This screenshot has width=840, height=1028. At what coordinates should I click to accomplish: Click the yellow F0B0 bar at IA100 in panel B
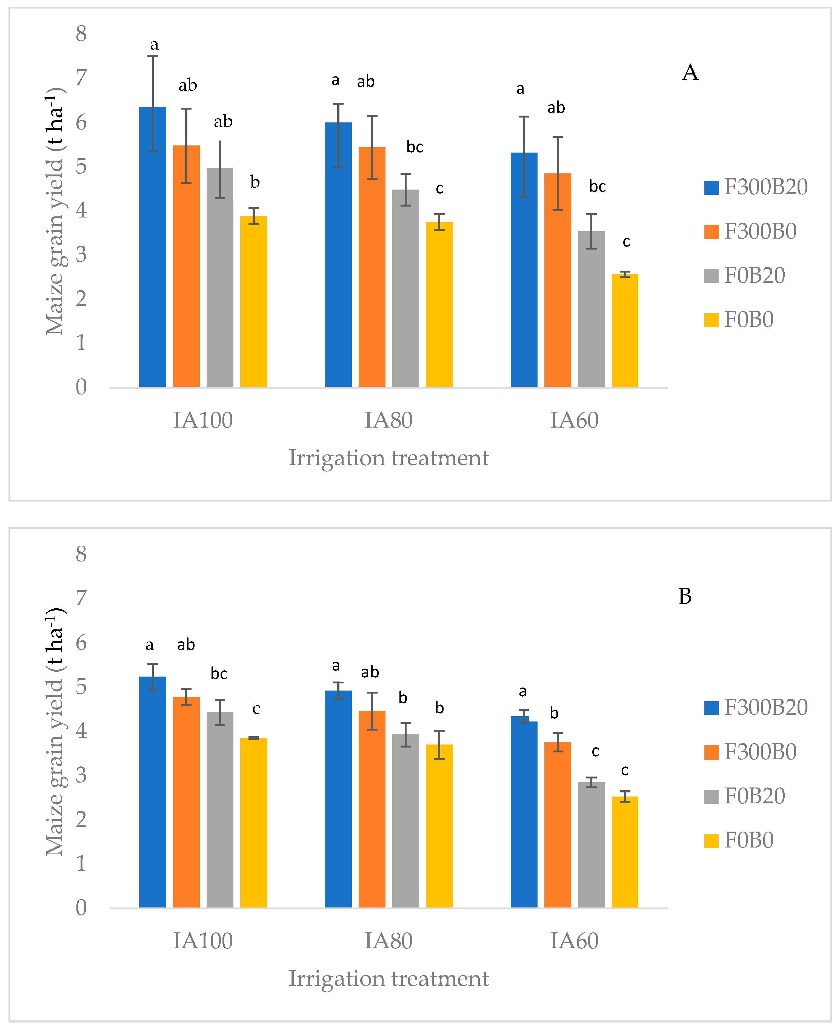pyautogui.click(x=253, y=822)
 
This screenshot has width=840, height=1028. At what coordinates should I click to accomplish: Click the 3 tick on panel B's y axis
pyautogui.click(x=81, y=775)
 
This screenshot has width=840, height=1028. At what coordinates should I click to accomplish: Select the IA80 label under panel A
pyautogui.click(x=388, y=420)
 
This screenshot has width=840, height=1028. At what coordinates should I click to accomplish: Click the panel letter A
pyautogui.click(x=690, y=73)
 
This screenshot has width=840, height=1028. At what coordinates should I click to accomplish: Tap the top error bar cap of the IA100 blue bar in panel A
pyautogui.click(x=152, y=56)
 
